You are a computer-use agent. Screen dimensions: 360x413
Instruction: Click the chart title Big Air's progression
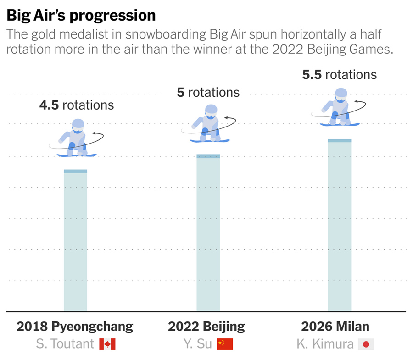[81, 15]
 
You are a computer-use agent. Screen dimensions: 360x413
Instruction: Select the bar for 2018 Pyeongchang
[75, 241]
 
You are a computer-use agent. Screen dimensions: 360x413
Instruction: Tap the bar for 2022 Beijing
[208, 233]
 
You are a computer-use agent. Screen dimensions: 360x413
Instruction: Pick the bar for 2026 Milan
[339, 225]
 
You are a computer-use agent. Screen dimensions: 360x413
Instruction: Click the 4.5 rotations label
[76, 105]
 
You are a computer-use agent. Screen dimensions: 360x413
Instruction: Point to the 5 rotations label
[208, 92]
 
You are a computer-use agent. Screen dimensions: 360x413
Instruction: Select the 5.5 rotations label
[339, 74]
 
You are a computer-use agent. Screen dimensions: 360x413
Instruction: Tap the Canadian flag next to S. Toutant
[107, 344]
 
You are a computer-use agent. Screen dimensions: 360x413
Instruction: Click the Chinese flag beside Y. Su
[225, 344]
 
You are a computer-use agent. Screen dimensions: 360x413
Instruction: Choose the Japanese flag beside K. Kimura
[366, 344]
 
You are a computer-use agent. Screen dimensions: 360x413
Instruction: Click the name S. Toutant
[65, 344]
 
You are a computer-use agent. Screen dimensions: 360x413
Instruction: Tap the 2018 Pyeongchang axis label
[75, 327]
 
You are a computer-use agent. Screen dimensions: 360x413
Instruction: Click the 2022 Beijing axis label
[206, 327]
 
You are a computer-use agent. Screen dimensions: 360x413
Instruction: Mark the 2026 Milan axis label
[335, 327]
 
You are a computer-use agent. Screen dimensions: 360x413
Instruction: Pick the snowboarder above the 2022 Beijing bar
[209, 123]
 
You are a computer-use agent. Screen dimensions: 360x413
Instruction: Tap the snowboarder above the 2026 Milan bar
[340, 107]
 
